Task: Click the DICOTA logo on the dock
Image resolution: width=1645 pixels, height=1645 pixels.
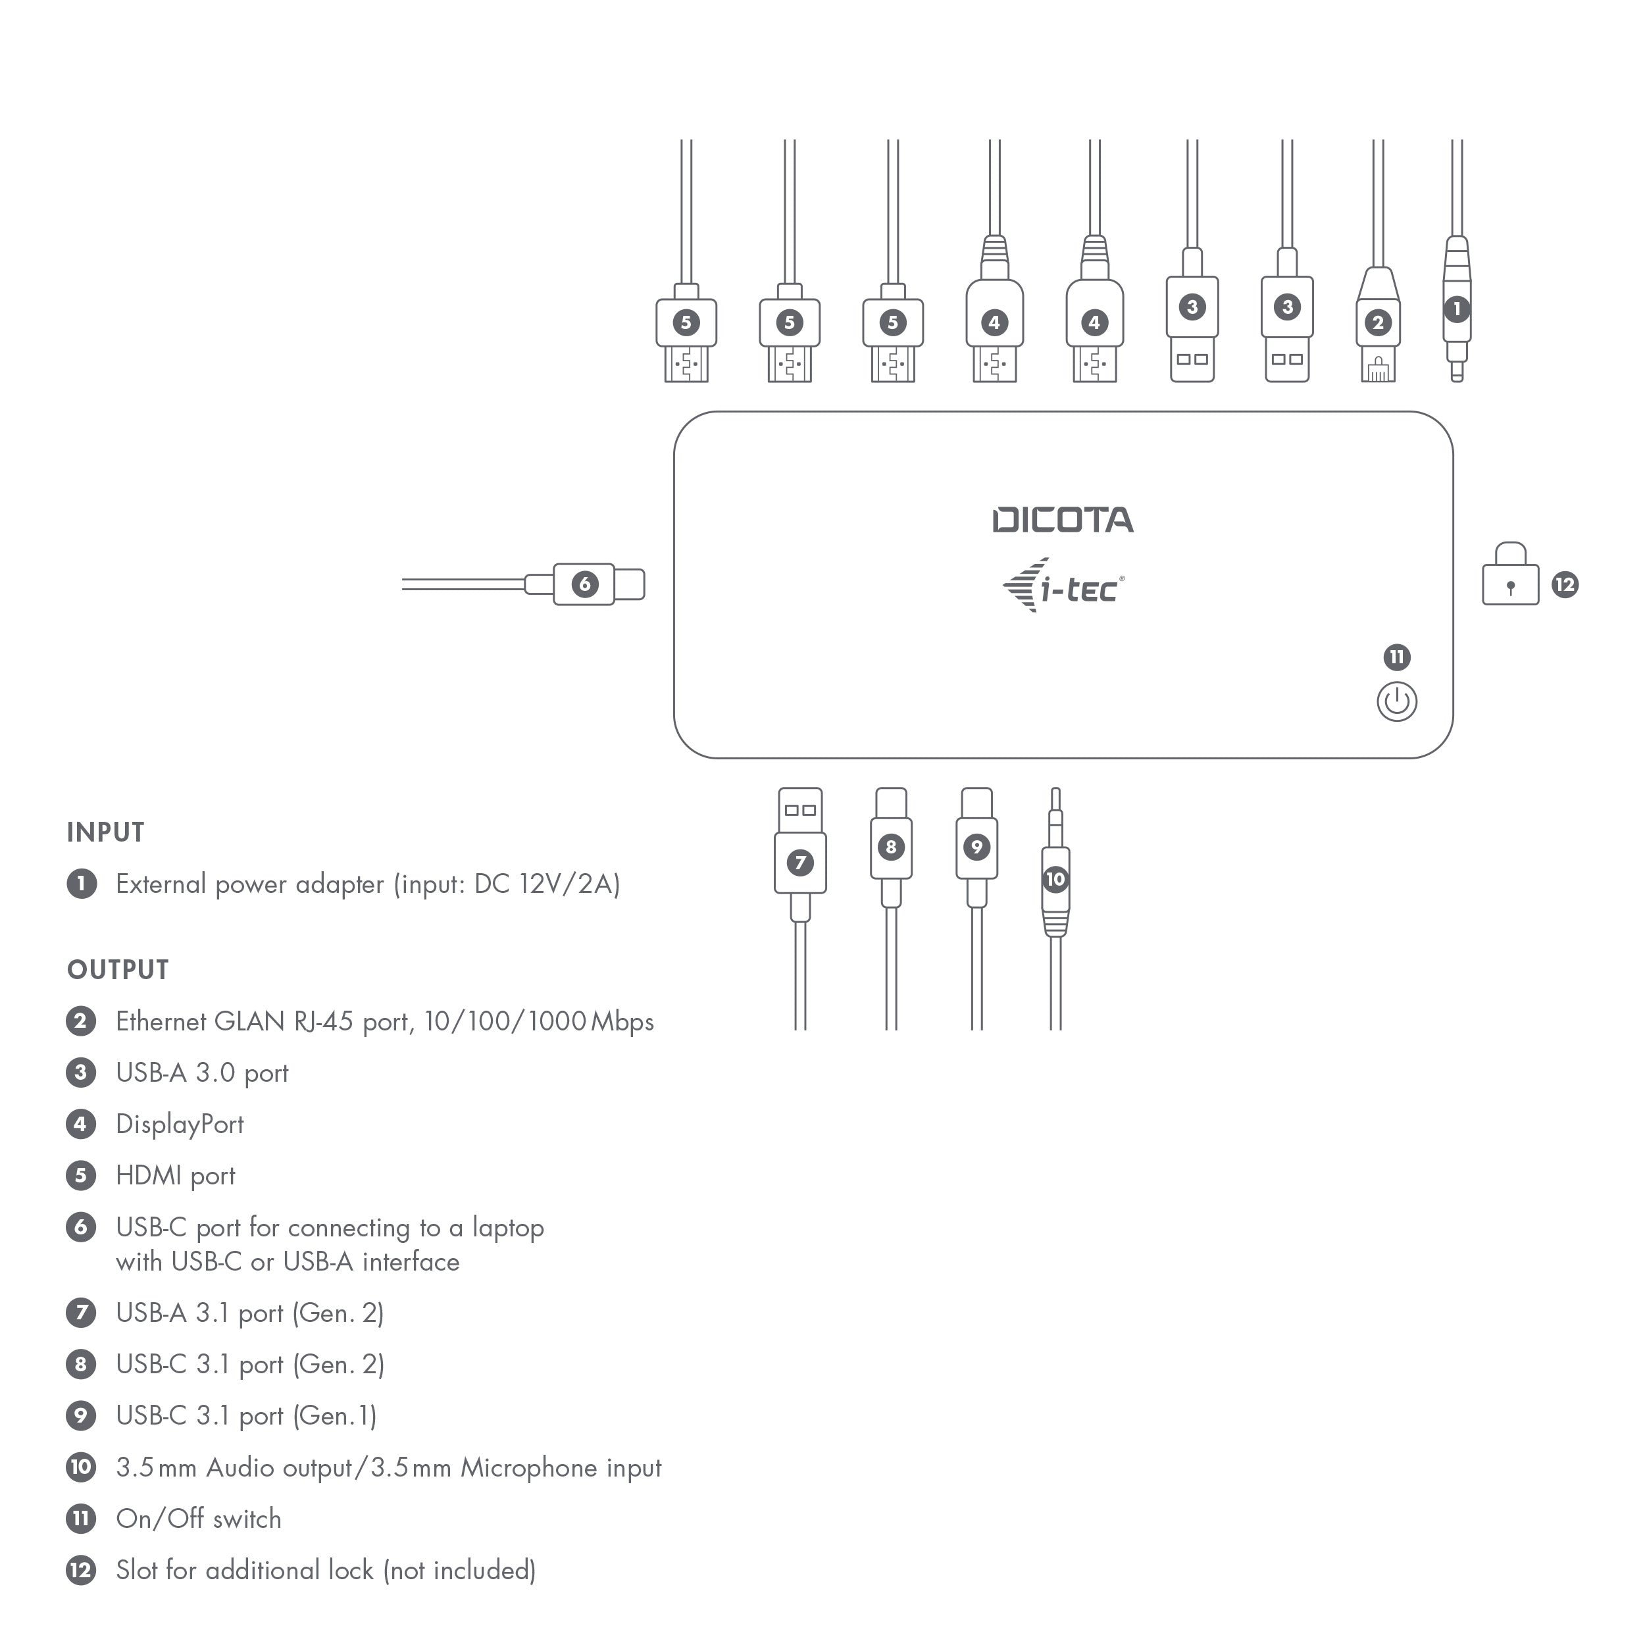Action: pos(1063,520)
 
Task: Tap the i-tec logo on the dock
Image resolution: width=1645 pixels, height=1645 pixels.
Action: pos(1063,586)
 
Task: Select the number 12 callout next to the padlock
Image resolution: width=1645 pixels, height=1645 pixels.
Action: pos(1565,585)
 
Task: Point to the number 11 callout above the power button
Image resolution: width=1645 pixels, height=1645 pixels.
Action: pos(1397,657)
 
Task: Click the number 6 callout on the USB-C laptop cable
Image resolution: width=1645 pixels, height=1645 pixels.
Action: pos(584,584)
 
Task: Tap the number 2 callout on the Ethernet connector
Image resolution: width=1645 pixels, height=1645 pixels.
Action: pos(1379,322)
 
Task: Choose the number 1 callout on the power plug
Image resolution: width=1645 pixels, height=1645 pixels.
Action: pos(1457,308)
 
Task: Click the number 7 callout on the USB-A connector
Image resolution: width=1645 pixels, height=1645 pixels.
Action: pos(799,863)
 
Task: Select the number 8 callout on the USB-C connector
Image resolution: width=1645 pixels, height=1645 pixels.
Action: pos(891,846)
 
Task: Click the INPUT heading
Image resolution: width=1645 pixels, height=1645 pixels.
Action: pos(105,832)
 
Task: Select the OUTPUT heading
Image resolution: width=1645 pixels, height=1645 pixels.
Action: pos(118,970)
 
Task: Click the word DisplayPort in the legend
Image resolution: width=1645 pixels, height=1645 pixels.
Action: pos(180,1124)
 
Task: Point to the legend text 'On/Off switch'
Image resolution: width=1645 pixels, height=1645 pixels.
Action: pos(199,1519)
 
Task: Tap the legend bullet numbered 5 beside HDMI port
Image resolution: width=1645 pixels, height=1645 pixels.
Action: pos(81,1175)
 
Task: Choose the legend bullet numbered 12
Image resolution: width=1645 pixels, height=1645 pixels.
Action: pos(81,1570)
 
